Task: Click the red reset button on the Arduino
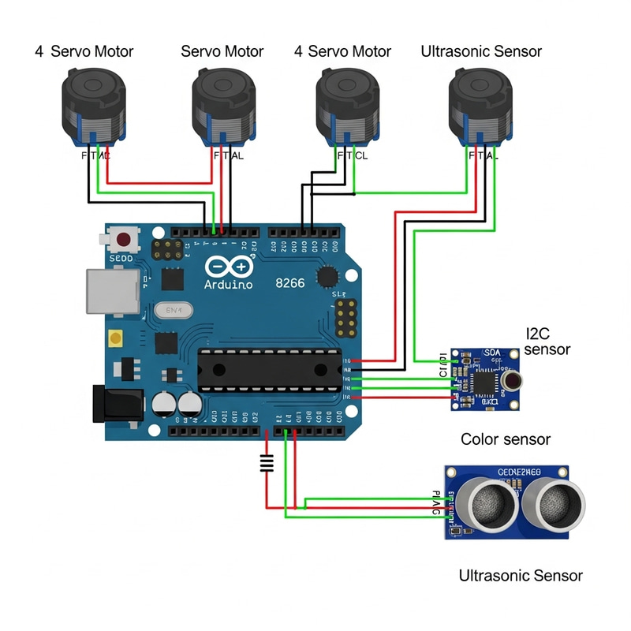click(123, 239)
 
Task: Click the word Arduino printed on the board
click(228, 284)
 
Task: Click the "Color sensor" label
click(505, 439)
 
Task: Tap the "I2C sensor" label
click(547, 342)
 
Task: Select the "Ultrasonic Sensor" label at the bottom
click(521, 576)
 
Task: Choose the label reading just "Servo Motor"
click(222, 52)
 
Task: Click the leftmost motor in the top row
click(93, 106)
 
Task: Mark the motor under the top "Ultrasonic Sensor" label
click(480, 106)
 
